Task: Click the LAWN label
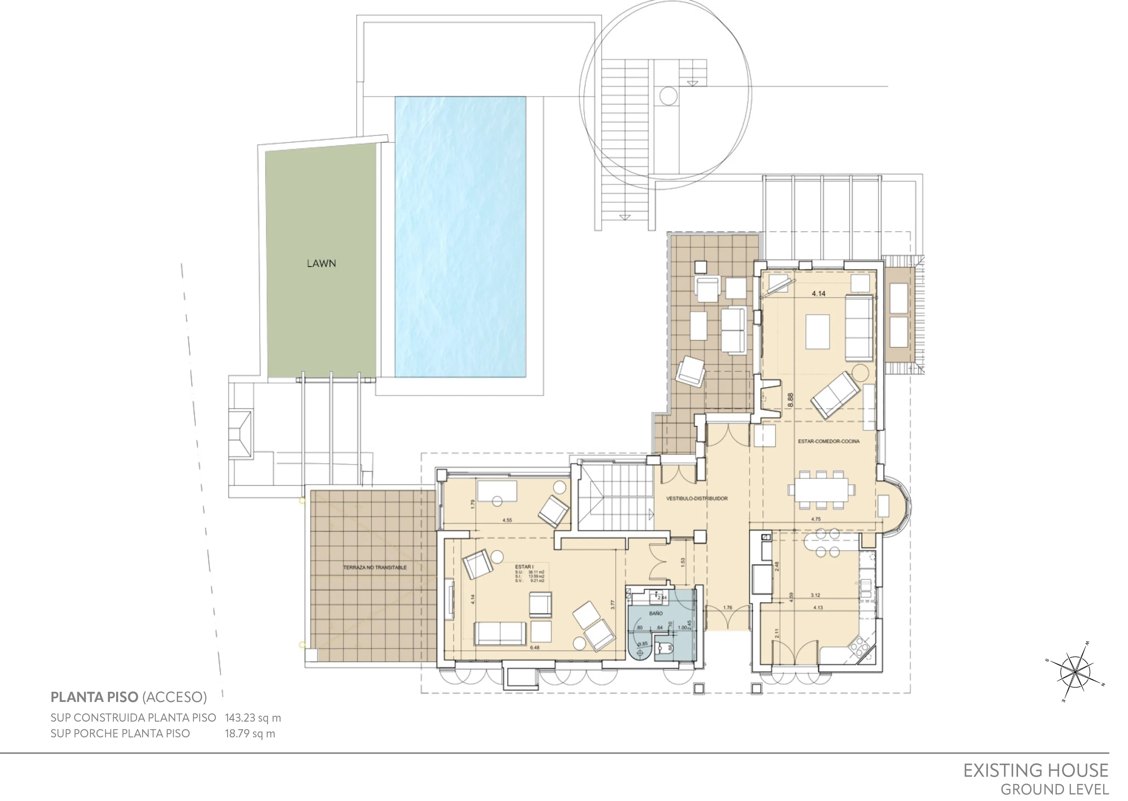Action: pos(321,263)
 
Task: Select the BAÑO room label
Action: pos(656,613)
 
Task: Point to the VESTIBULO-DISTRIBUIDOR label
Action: pos(697,499)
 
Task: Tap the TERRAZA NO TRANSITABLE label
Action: pos(375,568)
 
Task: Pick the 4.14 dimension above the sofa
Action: pos(818,294)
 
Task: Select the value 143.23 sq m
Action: pos(253,718)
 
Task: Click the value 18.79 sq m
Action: pos(250,733)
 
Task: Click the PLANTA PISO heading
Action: pos(94,697)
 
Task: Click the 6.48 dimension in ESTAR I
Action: pos(534,647)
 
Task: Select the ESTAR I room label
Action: pos(524,567)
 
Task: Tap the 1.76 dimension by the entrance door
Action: pos(727,608)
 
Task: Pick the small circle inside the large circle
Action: pos(668,96)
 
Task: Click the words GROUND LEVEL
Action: pos(1054,790)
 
